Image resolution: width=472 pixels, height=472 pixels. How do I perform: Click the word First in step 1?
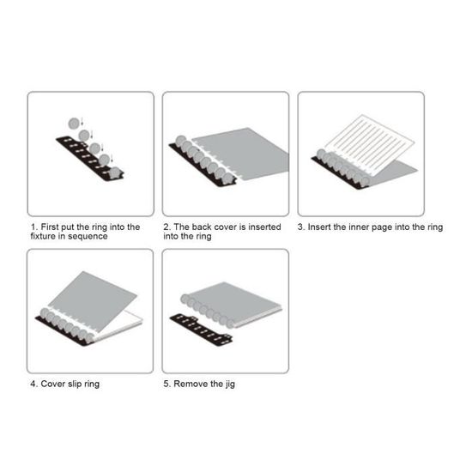pos(50,227)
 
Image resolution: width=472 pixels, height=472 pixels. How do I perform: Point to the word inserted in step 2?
pos(264,227)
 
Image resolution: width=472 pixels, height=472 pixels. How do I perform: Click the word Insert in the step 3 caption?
pos(319,227)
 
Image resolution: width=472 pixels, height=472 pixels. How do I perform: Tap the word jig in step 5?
pos(230,384)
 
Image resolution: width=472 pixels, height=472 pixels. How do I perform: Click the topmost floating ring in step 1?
pos(74,124)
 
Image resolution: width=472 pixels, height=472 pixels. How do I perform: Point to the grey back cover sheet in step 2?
pos(244,154)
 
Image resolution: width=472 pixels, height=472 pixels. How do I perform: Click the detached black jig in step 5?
pos(201,330)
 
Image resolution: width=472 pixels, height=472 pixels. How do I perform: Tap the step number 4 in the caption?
pos(33,384)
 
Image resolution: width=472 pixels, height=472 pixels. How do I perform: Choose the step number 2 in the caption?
pos(166,227)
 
